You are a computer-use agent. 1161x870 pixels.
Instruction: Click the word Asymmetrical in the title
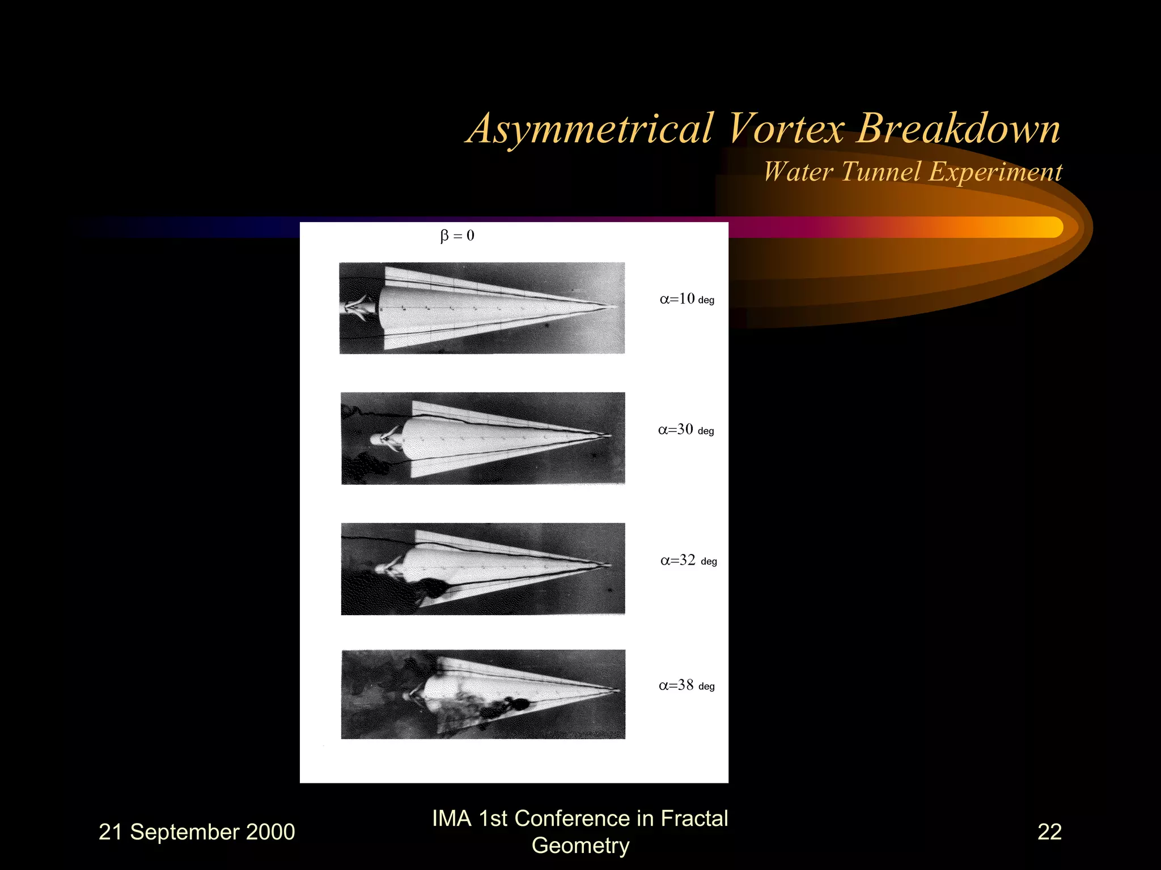point(590,129)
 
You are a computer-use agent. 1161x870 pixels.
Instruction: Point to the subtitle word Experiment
point(995,172)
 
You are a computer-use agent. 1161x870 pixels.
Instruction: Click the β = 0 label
point(457,236)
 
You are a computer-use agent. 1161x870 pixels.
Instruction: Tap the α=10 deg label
point(687,299)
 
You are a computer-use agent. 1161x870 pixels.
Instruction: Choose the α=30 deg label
point(685,430)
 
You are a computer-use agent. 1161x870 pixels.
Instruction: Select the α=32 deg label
point(688,561)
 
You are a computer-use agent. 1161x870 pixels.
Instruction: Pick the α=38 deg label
point(686,686)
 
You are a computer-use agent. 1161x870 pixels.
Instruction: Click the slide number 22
point(1049,831)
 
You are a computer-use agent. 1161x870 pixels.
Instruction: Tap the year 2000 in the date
point(270,832)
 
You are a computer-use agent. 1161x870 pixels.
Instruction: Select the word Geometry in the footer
point(580,845)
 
